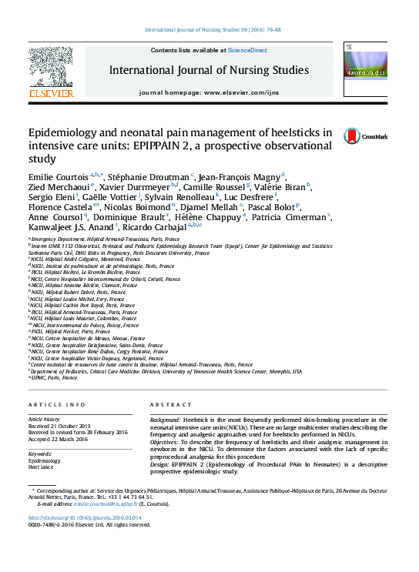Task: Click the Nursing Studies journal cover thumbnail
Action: (364, 69)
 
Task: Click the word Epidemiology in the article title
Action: (64, 132)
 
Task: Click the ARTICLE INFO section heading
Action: (57, 404)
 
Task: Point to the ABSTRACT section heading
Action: (170, 404)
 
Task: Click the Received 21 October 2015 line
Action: (59, 425)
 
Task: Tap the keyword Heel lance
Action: (41, 467)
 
